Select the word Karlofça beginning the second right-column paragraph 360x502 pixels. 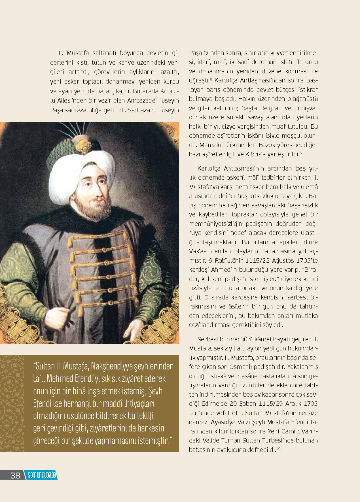tap(209, 169)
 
